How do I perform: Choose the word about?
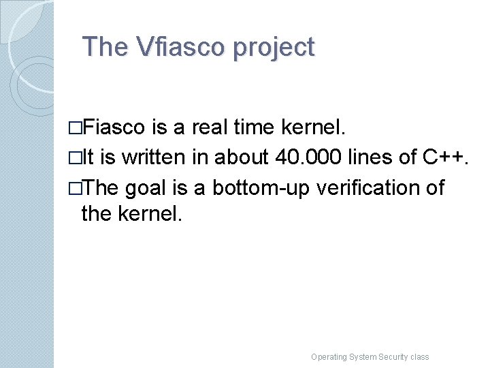(242, 157)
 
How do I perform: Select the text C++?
(446, 157)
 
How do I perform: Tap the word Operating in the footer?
(328, 356)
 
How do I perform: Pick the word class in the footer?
(420, 356)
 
